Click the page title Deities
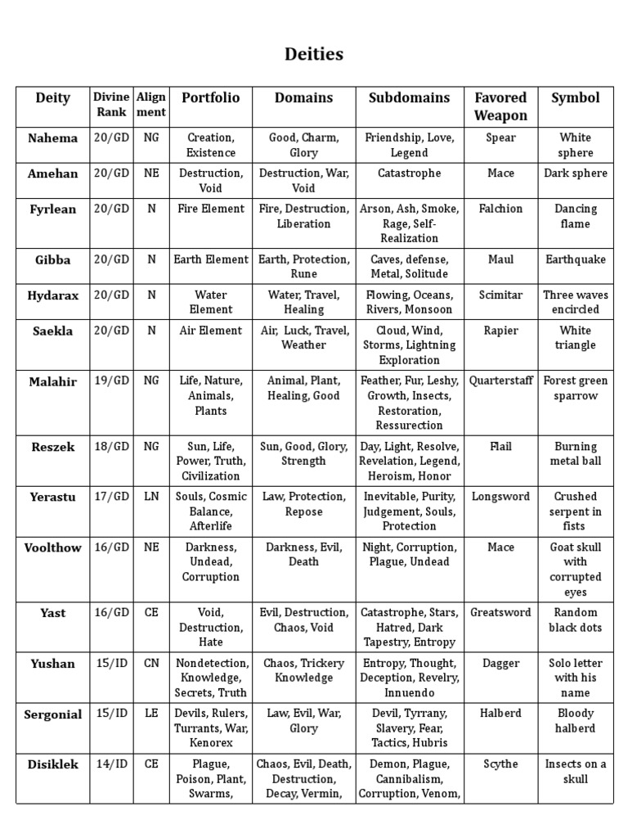(314, 55)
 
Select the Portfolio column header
(210, 98)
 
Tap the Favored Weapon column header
(500, 106)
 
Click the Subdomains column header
(409, 98)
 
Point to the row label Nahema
(53, 138)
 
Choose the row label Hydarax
(53, 295)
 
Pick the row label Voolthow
(53, 548)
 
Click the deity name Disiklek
(53, 764)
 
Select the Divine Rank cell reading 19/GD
(111, 381)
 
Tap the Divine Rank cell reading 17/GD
(111, 497)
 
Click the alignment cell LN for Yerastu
(151, 497)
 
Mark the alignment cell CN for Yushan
(151, 664)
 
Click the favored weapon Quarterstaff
(500, 381)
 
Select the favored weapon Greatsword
(500, 613)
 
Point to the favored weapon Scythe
(500, 764)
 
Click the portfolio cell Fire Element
(210, 209)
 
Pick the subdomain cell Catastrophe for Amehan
(409, 173)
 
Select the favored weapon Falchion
(500, 209)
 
